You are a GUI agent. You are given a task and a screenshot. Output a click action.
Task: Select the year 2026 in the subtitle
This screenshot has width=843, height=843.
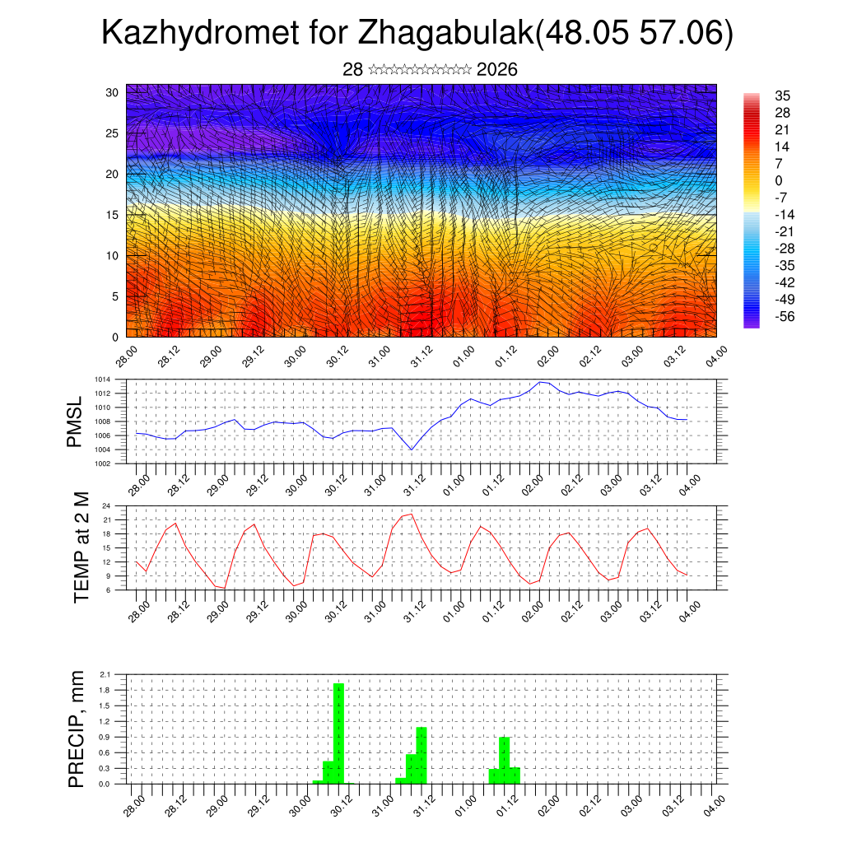(x=496, y=70)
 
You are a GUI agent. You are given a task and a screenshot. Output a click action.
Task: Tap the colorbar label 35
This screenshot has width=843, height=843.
(x=782, y=95)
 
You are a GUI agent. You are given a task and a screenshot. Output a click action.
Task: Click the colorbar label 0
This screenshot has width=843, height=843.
(x=778, y=180)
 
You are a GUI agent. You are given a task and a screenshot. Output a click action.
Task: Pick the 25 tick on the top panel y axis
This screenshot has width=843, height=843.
(x=113, y=133)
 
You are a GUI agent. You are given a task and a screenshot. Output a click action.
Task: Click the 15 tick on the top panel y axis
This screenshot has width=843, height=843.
(x=113, y=215)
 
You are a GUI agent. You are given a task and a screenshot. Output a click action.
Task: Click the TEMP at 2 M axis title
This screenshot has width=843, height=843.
(x=81, y=547)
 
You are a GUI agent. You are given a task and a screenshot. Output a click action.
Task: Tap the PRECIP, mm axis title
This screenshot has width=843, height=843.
(x=77, y=729)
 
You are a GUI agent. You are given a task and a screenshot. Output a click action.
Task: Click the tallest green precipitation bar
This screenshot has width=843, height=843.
(x=338, y=733)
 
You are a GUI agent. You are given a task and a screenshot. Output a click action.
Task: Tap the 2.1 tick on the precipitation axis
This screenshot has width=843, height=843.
(x=105, y=674)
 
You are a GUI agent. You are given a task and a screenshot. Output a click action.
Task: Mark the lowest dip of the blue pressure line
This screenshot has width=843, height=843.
(x=412, y=449)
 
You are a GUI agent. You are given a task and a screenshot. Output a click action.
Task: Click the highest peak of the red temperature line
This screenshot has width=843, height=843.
(x=410, y=514)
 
